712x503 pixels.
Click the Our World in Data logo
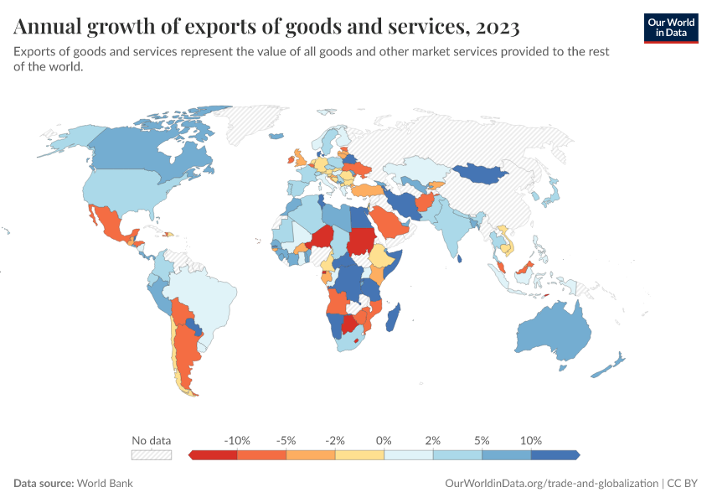pyautogui.click(x=670, y=27)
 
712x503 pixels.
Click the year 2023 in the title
pyautogui.click(x=496, y=28)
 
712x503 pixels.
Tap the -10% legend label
pyautogui.click(x=238, y=440)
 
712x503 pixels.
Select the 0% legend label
pyautogui.click(x=384, y=440)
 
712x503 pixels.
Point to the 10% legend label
pyautogui.click(x=531, y=440)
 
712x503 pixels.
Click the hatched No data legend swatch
pyautogui.click(x=152, y=454)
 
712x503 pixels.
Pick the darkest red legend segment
pyautogui.click(x=214, y=454)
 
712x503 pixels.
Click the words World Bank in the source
pyautogui.click(x=105, y=484)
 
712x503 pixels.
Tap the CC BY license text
pyautogui.click(x=684, y=484)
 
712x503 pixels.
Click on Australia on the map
pyautogui.click(x=553, y=331)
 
